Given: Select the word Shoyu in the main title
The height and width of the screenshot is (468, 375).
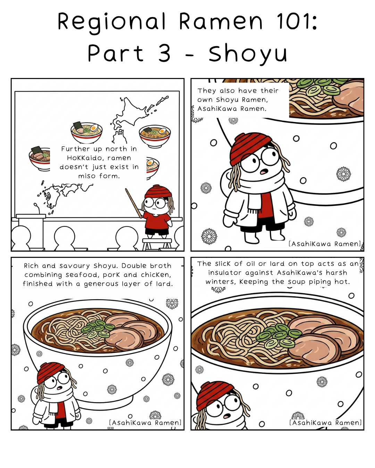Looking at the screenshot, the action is [x=248, y=53].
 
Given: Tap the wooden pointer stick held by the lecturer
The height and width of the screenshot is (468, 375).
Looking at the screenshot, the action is [x=134, y=203].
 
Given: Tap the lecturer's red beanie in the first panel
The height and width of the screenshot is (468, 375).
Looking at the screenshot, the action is [x=158, y=192].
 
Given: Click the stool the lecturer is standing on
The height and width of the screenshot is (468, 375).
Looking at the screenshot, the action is [x=157, y=244].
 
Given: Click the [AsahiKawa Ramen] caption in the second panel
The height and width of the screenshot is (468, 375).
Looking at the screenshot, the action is [x=325, y=244].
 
